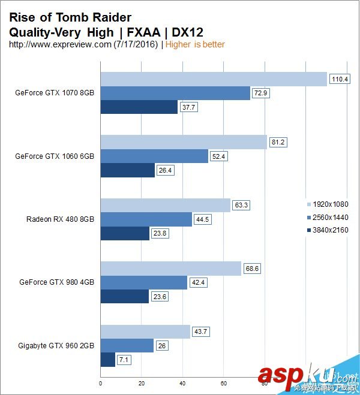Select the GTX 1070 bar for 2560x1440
(x=175, y=93)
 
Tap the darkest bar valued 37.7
(x=139, y=107)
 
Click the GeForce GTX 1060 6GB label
(x=55, y=156)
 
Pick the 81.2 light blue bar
(x=183, y=142)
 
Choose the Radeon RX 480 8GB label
(x=60, y=219)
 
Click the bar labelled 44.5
(x=146, y=219)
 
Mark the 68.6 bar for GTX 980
(x=170, y=268)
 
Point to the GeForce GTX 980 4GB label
(x=56, y=282)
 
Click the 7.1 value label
(x=124, y=359)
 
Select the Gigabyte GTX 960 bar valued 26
(x=127, y=345)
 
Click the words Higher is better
(x=195, y=44)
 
